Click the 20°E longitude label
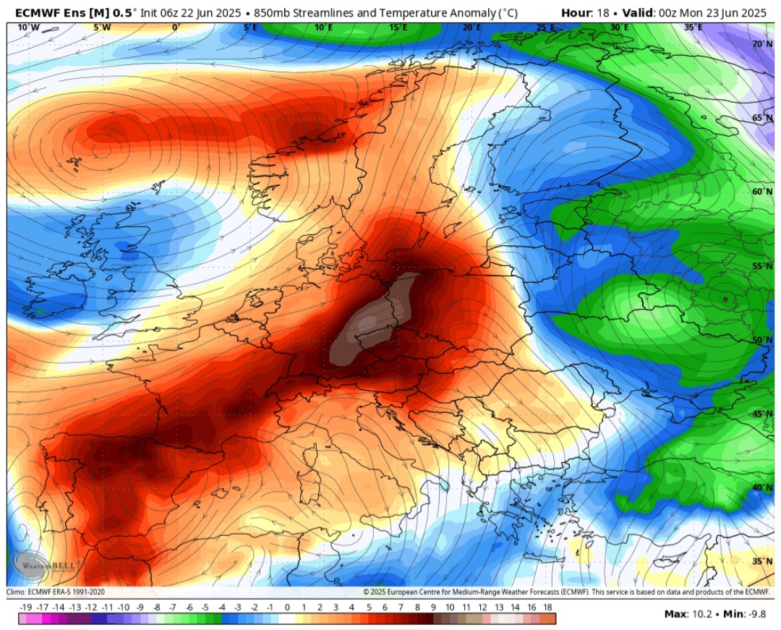click(471, 27)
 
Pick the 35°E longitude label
click(693, 27)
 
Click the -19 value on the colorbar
click(25, 608)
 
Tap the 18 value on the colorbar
click(547, 608)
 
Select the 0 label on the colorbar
click(287, 608)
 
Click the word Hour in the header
click(576, 12)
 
